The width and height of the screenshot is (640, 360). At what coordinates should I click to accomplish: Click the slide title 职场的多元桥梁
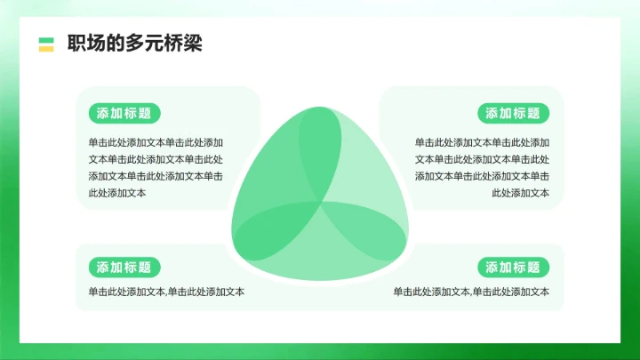tap(134, 44)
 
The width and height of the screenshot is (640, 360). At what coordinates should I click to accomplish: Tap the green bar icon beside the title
tap(46, 39)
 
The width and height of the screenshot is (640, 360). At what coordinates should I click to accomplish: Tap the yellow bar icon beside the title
tap(46, 48)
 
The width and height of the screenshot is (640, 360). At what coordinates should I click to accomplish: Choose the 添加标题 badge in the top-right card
tap(513, 113)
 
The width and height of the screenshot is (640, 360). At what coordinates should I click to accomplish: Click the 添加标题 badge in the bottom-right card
tap(513, 267)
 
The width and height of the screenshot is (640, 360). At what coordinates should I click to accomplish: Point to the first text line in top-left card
tap(156, 142)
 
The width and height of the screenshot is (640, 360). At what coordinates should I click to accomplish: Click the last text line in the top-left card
tap(117, 193)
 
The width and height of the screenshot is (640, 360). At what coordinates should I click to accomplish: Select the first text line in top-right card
tap(482, 142)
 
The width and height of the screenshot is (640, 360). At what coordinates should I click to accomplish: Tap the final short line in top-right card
tap(520, 193)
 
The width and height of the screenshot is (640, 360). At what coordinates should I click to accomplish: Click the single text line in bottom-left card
tap(166, 292)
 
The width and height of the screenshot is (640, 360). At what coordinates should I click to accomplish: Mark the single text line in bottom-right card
tap(471, 292)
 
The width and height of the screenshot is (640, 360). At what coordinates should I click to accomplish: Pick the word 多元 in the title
tap(134, 44)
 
